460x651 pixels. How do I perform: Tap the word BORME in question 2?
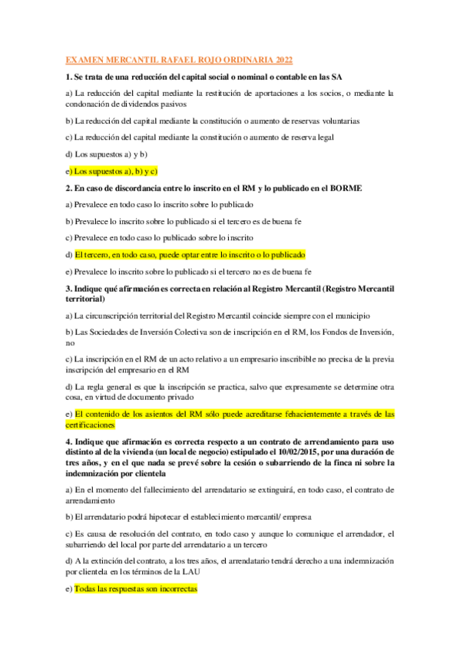click(x=344, y=188)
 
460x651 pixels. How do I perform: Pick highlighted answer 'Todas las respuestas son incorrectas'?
click(x=136, y=589)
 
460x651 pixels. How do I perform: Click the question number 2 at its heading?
click(x=68, y=188)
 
